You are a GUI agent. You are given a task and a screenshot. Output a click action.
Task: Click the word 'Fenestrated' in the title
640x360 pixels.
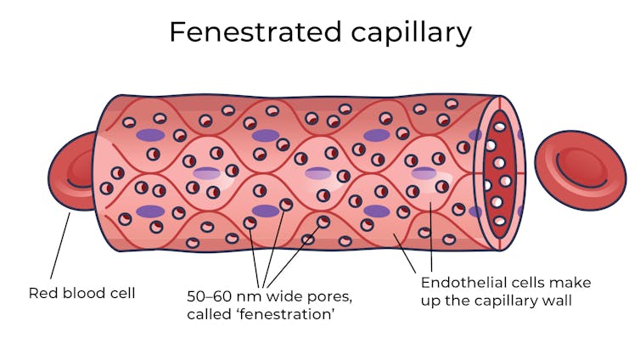point(242,31)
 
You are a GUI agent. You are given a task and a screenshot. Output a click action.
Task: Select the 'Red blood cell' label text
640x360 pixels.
point(82,293)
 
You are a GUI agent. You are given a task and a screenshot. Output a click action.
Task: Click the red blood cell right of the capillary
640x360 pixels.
point(581,169)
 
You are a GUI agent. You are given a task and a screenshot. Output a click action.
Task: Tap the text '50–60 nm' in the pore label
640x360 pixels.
point(222,296)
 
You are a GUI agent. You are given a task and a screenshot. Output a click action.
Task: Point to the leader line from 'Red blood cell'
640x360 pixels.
point(59,245)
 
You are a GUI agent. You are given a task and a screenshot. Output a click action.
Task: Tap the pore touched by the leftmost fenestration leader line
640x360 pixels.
point(251,223)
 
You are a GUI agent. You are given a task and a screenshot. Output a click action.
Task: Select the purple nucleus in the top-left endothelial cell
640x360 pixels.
point(151,135)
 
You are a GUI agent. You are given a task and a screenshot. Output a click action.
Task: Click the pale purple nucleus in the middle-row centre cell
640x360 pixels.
point(318,173)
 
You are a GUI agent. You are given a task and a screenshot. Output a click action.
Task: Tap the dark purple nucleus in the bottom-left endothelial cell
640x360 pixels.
point(150,211)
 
